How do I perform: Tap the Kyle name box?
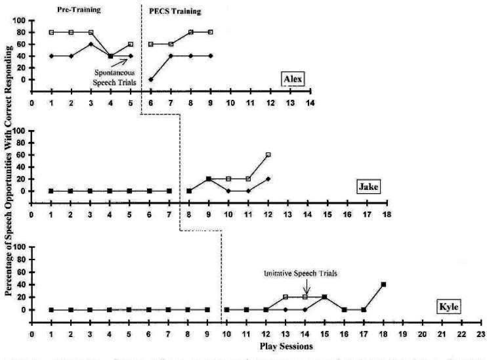(449, 306)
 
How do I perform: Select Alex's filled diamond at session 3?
(91, 44)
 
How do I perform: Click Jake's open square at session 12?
(268, 155)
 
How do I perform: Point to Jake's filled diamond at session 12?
(268, 179)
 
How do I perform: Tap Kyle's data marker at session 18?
(383, 284)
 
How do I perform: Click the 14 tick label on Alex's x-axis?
(309, 102)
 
